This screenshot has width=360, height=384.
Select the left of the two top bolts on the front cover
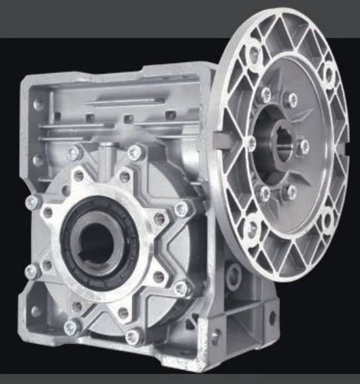(x=74, y=154)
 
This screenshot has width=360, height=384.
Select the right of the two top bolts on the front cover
(x=135, y=153)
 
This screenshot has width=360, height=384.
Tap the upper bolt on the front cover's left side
(x=32, y=203)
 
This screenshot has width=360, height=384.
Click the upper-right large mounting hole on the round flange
(x=329, y=74)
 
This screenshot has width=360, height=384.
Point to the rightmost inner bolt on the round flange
(x=304, y=145)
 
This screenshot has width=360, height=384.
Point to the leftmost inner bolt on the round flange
(x=250, y=141)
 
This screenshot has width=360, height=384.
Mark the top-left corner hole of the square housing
(x=37, y=104)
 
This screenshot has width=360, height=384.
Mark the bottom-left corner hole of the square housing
(x=35, y=312)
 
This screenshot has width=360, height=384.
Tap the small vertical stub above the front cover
(x=102, y=156)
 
